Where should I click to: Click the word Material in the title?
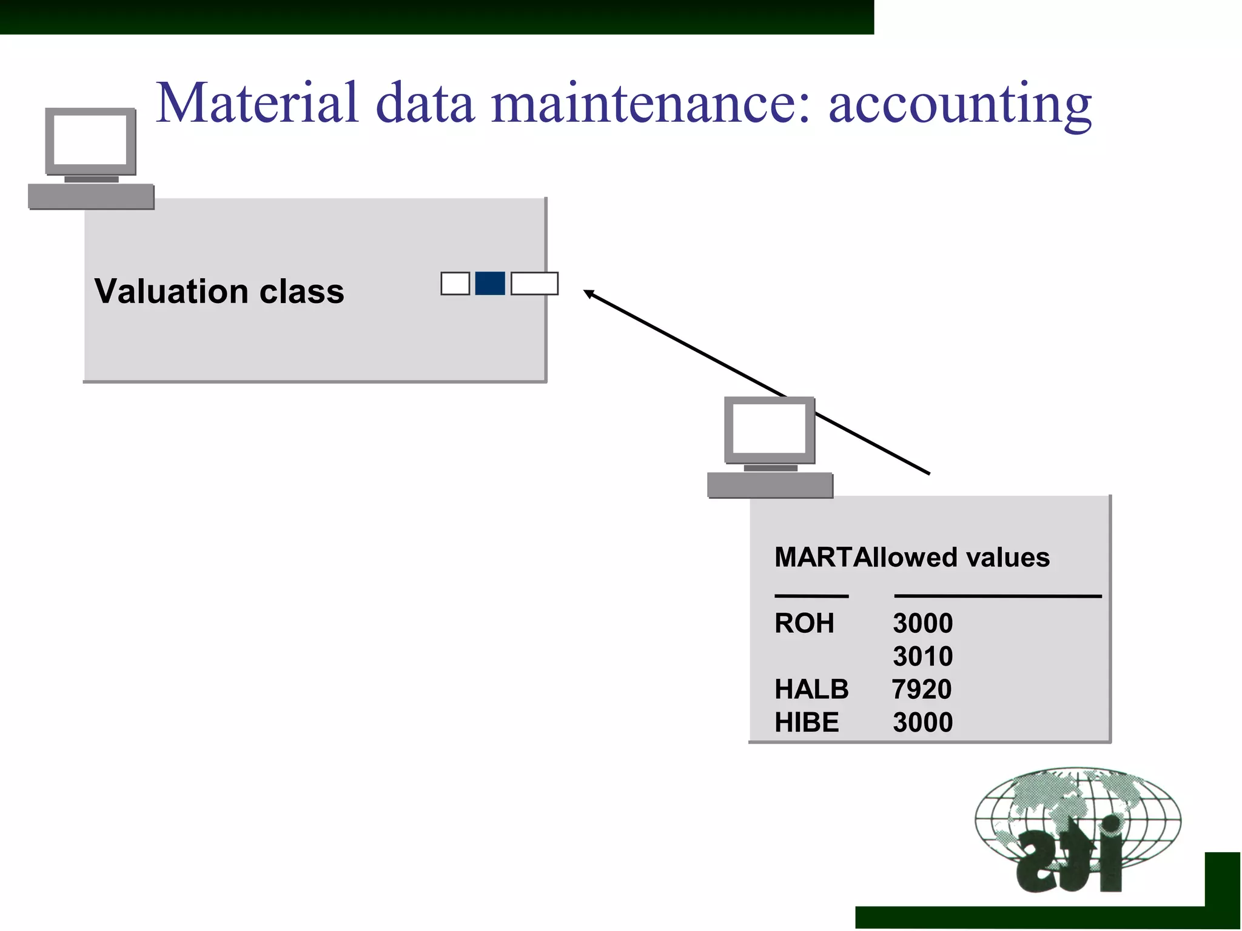click(x=258, y=103)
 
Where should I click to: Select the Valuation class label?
click(x=219, y=292)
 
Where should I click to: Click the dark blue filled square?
click(x=490, y=284)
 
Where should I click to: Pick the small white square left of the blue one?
click(x=455, y=284)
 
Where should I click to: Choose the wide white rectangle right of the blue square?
click(x=534, y=284)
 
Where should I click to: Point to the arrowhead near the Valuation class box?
click(x=588, y=294)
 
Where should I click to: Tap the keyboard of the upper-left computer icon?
click(x=91, y=196)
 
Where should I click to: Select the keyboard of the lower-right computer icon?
click(x=770, y=485)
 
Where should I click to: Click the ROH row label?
click(x=804, y=624)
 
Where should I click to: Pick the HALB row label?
click(x=811, y=690)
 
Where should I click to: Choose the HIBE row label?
click(x=807, y=722)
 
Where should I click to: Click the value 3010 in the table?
click(x=922, y=656)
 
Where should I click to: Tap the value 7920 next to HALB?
click(x=922, y=690)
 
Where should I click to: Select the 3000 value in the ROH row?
click(x=922, y=624)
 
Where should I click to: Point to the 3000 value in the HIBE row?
click(x=922, y=722)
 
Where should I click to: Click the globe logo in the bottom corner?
click(x=1078, y=829)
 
